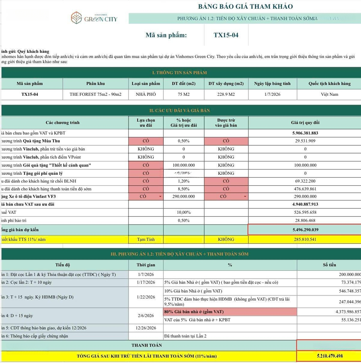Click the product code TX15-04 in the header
[226, 35]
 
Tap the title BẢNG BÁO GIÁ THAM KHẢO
[245, 6]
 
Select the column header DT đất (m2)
[184, 84]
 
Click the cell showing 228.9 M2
[226, 94]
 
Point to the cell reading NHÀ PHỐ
[146, 94]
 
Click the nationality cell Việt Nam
[329, 94]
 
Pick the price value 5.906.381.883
[305, 133]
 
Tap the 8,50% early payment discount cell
[184, 189]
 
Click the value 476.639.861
[305, 189]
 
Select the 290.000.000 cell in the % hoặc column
[184, 197]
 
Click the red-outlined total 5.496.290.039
[305, 230]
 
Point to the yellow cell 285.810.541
[305, 239]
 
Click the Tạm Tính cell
[146, 239]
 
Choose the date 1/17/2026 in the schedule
[146, 282]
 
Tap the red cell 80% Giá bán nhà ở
[230, 312]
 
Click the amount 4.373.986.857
[348, 312]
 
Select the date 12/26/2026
[146, 328]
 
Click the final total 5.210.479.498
[329, 356]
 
